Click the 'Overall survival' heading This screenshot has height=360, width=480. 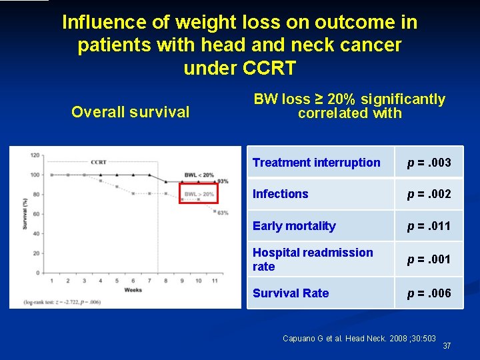(x=130, y=112)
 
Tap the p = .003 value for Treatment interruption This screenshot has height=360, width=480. (x=429, y=163)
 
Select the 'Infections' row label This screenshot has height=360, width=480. (x=280, y=194)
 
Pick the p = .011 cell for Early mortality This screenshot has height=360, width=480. (x=429, y=226)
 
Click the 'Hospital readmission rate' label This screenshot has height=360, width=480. (x=313, y=259)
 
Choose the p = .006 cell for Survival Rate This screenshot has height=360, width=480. (x=429, y=293)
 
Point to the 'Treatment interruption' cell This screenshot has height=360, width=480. (x=316, y=163)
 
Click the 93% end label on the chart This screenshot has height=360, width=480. (x=223, y=181)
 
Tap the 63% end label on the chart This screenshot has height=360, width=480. (x=223, y=212)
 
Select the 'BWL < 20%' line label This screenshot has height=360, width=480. (x=200, y=175)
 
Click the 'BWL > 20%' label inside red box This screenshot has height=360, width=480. (x=199, y=194)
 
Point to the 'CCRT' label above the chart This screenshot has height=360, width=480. (x=99, y=162)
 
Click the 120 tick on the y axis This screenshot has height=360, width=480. (x=34, y=155)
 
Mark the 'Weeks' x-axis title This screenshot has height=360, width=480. (x=132, y=290)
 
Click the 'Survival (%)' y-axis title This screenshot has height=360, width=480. (x=25, y=213)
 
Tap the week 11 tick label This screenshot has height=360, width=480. (x=215, y=281)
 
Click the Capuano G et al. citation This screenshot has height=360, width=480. (x=359, y=339)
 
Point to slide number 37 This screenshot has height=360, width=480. (x=447, y=346)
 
